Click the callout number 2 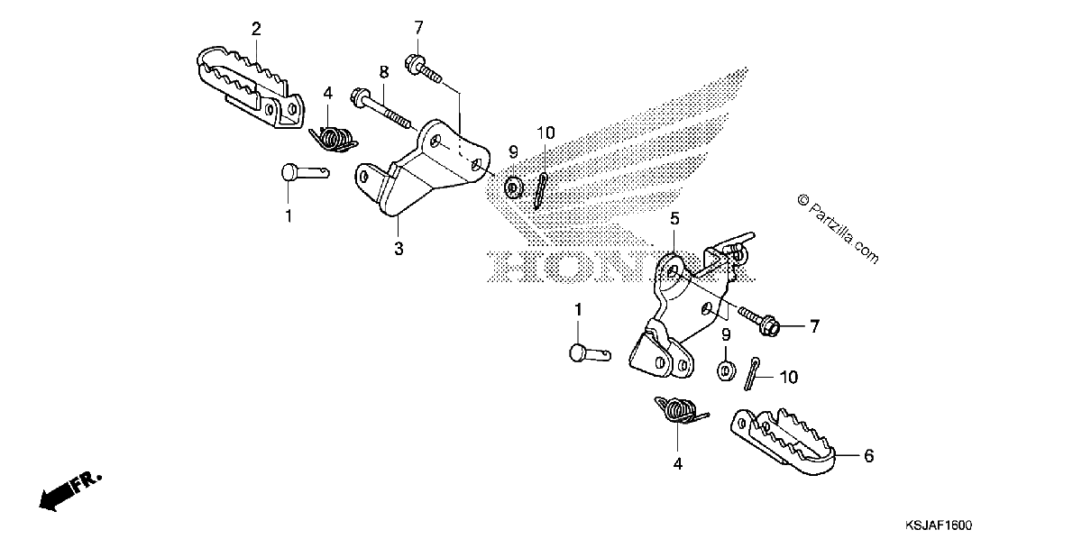pyautogui.click(x=256, y=29)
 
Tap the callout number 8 pyautogui.click(x=384, y=72)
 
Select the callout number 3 pyautogui.click(x=399, y=249)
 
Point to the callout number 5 pyautogui.click(x=674, y=219)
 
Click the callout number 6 pyautogui.click(x=868, y=455)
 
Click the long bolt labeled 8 pyautogui.click(x=382, y=110)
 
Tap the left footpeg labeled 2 pyautogui.click(x=251, y=87)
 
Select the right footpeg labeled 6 pyautogui.click(x=783, y=441)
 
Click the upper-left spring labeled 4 pyautogui.click(x=334, y=139)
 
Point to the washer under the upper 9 pyautogui.click(x=513, y=187)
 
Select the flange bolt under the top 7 pyautogui.click(x=423, y=69)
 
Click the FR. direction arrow pyautogui.click(x=70, y=490)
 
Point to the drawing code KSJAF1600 pyautogui.click(x=939, y=525)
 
